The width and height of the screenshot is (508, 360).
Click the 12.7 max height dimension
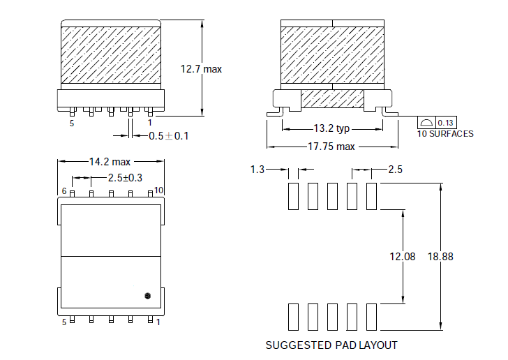201,69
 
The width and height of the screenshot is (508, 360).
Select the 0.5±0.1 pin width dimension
168,136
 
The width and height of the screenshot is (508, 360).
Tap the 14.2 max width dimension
110,161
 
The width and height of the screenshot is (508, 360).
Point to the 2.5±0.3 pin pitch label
125,178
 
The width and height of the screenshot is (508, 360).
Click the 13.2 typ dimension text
331,128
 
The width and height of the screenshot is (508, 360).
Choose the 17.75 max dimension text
331,147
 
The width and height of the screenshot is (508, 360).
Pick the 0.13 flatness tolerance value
445,123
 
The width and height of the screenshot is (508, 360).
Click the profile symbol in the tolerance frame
426,123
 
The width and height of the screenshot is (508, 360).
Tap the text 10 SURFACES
445,134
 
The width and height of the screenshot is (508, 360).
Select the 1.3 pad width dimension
257,169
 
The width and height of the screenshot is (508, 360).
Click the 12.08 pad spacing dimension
403,257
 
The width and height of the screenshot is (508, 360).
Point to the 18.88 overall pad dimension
440,257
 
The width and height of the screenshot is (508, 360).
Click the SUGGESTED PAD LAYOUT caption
331,345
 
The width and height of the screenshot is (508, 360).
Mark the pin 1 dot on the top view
147,296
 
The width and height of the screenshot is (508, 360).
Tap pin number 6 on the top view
64,191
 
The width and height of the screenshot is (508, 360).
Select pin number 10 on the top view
158,190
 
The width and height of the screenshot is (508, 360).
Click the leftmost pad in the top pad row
293,196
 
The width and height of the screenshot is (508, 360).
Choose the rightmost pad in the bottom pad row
372,317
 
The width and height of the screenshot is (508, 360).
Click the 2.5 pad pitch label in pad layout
395,169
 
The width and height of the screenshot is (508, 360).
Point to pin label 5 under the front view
72,123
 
